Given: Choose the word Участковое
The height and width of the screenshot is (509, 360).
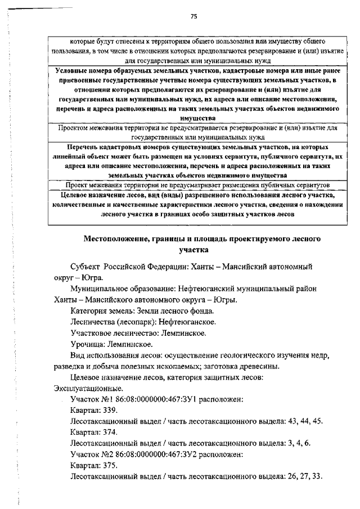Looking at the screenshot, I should (x=96, y=333).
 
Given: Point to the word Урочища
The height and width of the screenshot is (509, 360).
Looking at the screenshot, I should (x=88, y=344).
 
